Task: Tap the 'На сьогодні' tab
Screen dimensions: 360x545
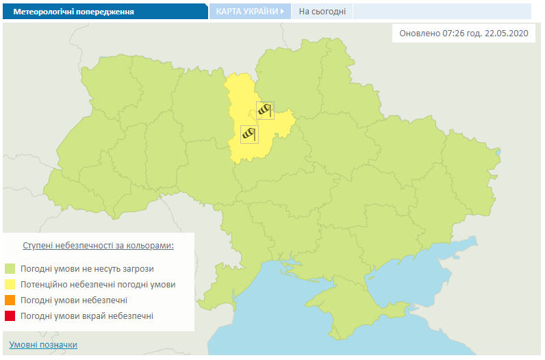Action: click(x=322, y=12)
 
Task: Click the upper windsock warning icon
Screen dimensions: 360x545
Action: click(x=265, y=110)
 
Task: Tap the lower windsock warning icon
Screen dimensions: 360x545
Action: click(x=249, y=134)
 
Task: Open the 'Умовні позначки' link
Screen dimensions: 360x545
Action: click(x=43, y=344)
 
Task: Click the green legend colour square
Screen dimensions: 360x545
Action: click(x=10, y=268)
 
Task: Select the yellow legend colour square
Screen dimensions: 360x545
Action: click(x=10, y=284)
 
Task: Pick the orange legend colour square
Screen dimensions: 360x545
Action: click(x=10, y=300)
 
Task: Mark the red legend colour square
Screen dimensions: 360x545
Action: click(x=10, y=316)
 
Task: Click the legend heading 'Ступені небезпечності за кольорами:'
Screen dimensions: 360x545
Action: click(x=98, y=245)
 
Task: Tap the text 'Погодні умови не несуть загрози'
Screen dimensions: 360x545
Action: click(x=87, y=268)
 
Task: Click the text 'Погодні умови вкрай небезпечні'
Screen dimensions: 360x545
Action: click(x=87, y=316)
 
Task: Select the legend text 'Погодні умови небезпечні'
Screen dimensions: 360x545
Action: click(x=74, y=300)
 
